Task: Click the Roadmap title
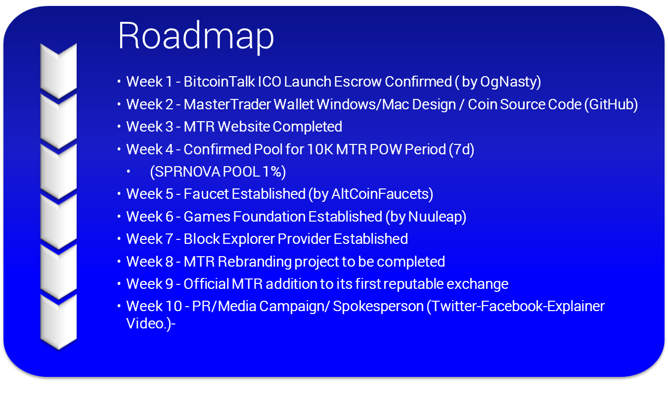coord(196,37)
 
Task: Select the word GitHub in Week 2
coord(611,104)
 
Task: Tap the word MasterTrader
coord(227,104)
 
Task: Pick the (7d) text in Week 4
coord(462,149)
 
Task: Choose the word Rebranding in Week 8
coord(254,262)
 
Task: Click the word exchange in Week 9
coord(477,284)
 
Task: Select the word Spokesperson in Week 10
coord(378,307)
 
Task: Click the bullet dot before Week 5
coord(119,194)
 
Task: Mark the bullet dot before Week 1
coord(119,82)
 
